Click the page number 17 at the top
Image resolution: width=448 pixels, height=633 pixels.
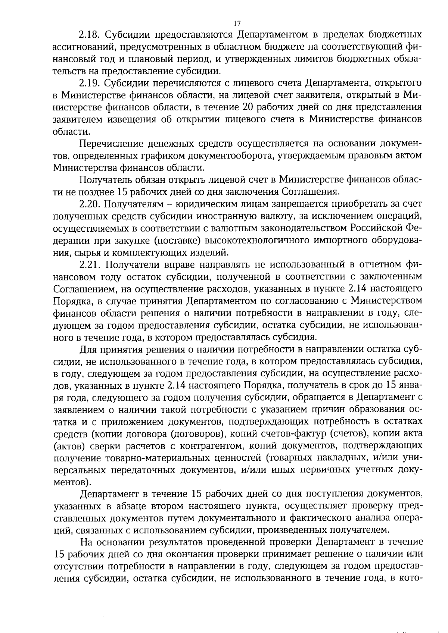(x=236, y=23)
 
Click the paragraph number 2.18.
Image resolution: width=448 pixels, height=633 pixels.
(x=88, y=35)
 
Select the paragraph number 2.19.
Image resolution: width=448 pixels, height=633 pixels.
(x=88, y=83)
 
